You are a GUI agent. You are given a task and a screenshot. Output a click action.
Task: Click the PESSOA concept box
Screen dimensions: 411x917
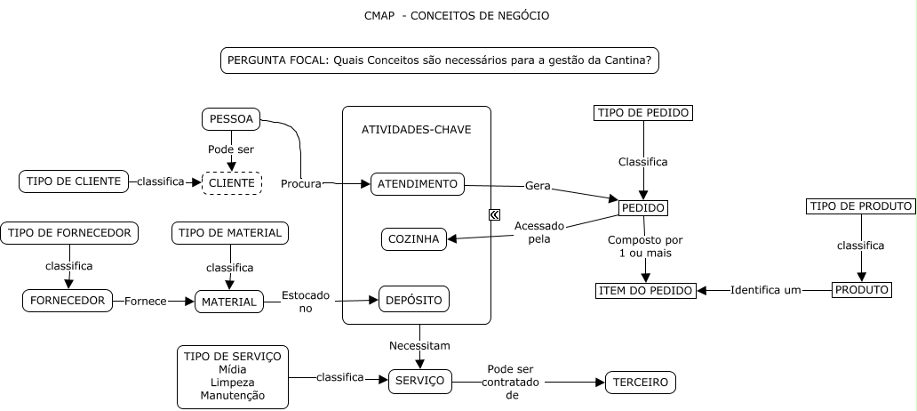pyautogui.click(x=231, y=119)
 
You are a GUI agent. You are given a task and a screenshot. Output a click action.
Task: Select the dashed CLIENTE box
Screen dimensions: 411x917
pyautogui.click(x=232, y=183)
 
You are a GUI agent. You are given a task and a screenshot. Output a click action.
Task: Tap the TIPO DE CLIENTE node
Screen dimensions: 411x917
pyautogui.click(x=74, y=181)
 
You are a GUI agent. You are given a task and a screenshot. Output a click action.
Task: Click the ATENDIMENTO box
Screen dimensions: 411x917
pyautogui.click(x=418, y=184)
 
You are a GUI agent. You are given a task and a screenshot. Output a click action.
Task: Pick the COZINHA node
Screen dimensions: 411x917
pyautogui.click(x=414, y=239)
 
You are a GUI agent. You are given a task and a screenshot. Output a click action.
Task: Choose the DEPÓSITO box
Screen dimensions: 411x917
pyautogui.click(x=413, y=300)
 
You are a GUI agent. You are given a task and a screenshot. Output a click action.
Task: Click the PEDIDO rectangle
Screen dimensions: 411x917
pyautogui.click(x=642, y=208)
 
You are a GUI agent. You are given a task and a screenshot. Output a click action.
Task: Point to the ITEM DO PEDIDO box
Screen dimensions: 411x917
pyautogui.click(x=646, y=291)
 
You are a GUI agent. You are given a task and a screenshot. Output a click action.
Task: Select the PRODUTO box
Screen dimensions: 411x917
pyautogui.click(x=861, y=290)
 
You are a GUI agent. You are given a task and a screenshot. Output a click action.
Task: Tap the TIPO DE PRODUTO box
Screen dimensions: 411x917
pyautogui.click(x=861, y=206)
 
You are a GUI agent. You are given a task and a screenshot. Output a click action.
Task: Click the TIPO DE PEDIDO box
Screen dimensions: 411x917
pyautogui.click(x=642, y=113)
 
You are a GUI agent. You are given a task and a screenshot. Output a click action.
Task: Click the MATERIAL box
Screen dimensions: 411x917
pyautogui.click(x=229, y=302)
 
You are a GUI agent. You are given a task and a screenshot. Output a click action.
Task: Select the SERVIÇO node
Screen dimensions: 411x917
pyautogui.click(x=420, y=381)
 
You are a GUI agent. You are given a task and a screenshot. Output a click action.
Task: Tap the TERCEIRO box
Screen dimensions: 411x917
pyautogui.click(x=641, y=383)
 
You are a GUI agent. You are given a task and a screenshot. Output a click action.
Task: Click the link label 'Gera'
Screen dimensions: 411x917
pyautogui.click(x=538, y=187)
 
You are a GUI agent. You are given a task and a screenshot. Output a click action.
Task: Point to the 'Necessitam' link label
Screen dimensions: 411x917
pyautogui.click(x=419, y=344)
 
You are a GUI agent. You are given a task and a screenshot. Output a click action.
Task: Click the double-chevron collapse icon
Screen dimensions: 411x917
pyautogui.click(x=494, y=214)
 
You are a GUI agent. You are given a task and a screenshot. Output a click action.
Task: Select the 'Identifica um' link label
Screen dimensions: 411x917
pyautogui.click(x=766, y=290)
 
